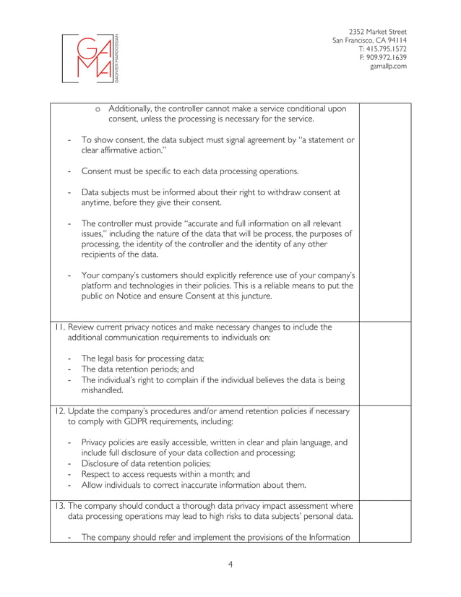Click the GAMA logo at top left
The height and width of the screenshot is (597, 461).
pos(92,59)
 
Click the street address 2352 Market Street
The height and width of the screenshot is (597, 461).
pos(377,32)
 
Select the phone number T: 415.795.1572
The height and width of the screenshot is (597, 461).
pos(382,49)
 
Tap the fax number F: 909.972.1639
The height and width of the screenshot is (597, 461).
pos(382,58)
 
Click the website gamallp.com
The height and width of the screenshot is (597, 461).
pos(388,66)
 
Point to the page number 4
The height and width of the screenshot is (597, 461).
pos(230,564)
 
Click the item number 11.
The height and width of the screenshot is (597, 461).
pos(59,327)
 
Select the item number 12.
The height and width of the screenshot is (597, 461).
pos(59,411)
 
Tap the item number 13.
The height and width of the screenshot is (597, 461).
pos(59,504)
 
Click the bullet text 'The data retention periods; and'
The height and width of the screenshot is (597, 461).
pos(137,369)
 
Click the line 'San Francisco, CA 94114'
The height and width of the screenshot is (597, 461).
pos(369,40)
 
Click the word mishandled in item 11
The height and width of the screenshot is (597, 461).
pos(101,390)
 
